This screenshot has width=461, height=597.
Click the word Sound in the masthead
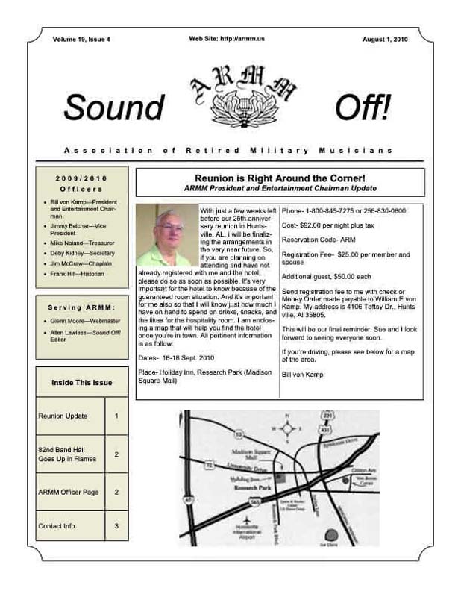tap(113, 108)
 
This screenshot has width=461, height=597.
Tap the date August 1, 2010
tap(386, 38)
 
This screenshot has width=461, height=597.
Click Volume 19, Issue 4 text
tap(81, 38)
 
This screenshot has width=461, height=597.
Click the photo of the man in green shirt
tap(168, 235)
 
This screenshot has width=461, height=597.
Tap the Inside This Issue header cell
tap(82, 383)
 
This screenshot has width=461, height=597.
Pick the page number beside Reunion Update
tap(116, 416)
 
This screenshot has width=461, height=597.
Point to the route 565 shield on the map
tap(255, 502)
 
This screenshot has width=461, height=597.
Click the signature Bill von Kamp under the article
tap(303, 374)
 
